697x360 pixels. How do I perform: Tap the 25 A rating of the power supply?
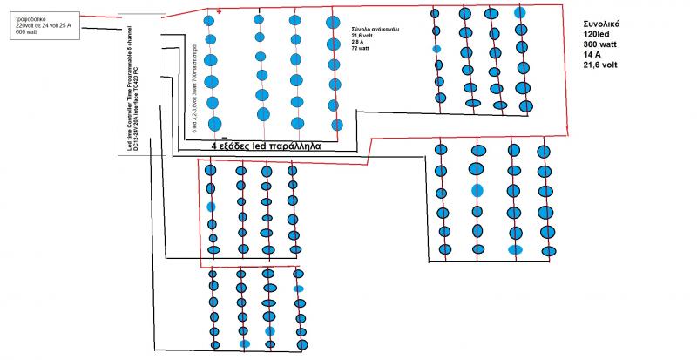pyautogui.click(x=87, y=25)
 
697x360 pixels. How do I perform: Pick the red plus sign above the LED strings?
pyautogui.click(x=219, y=11)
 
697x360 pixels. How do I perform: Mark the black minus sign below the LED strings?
pyautogui.click(x=224, y=137)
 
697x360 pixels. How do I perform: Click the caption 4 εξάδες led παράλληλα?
pyautogui.click(x=265, y=147)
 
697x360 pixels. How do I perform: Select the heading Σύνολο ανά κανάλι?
pyautogui.click(x=376, y=28)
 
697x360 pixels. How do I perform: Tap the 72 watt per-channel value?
pyautogui.click(x=362, y=49)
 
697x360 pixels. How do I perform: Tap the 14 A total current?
pyautogui.click(x=593, y=54)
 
